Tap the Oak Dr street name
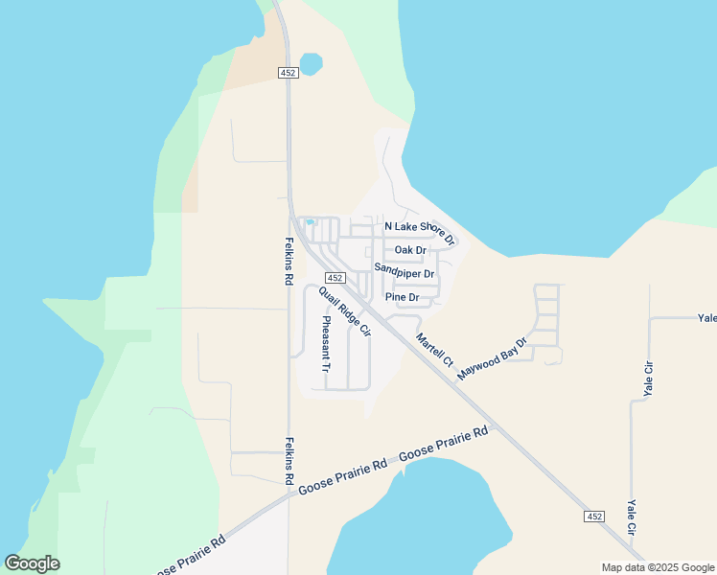pyautogui.click(x=410, y=250)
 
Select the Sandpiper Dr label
pyautogui.click(x=405, y=273)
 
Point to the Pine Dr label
pyautogui.click(x=403, y=297)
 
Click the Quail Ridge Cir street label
pyautogui.click(x=345, y=312)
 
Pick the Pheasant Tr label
pyautogui.click(x=326, y=344)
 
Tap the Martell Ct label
pyautogui.click(x=434, y=350)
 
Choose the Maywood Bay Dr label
pyautogui.click(x=493, y=358)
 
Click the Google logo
pyautogui.click(x=32, y=563)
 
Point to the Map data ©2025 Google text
pyautogui.click(x=658, y=567)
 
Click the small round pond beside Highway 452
pyautogui.click(x=311, y=64)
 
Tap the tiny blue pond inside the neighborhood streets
pyautogui.click(x=310, y=223)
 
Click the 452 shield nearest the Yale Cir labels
pyautogui.click(x=594, y=517)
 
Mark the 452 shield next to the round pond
pyautogui.click(x=288, y=73)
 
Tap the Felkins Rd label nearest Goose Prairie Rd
pyautogui.click(x=289, y=460)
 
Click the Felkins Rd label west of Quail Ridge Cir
pyautogui.click(x=289, y=262)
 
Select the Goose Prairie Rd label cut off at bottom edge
pyautogui.click(x=189, y=555)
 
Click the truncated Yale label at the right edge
pyautogui.click(x=707, y=318)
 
